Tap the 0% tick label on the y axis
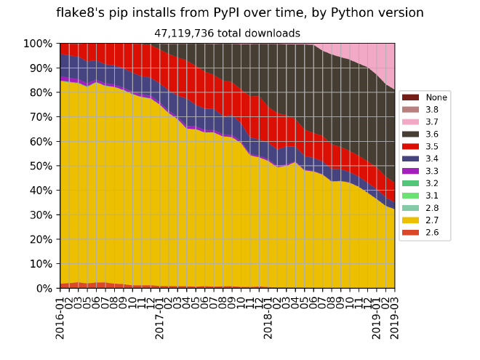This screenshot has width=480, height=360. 44,288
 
